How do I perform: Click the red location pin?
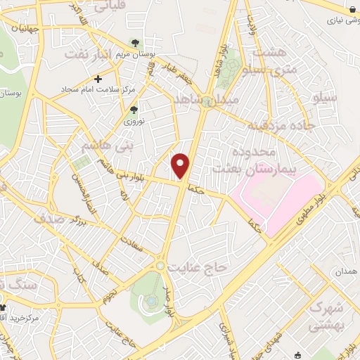181,166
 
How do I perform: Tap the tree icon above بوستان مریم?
134,43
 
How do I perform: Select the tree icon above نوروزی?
134,109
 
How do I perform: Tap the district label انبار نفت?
87,53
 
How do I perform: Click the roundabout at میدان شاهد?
207,101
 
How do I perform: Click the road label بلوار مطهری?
307,210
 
